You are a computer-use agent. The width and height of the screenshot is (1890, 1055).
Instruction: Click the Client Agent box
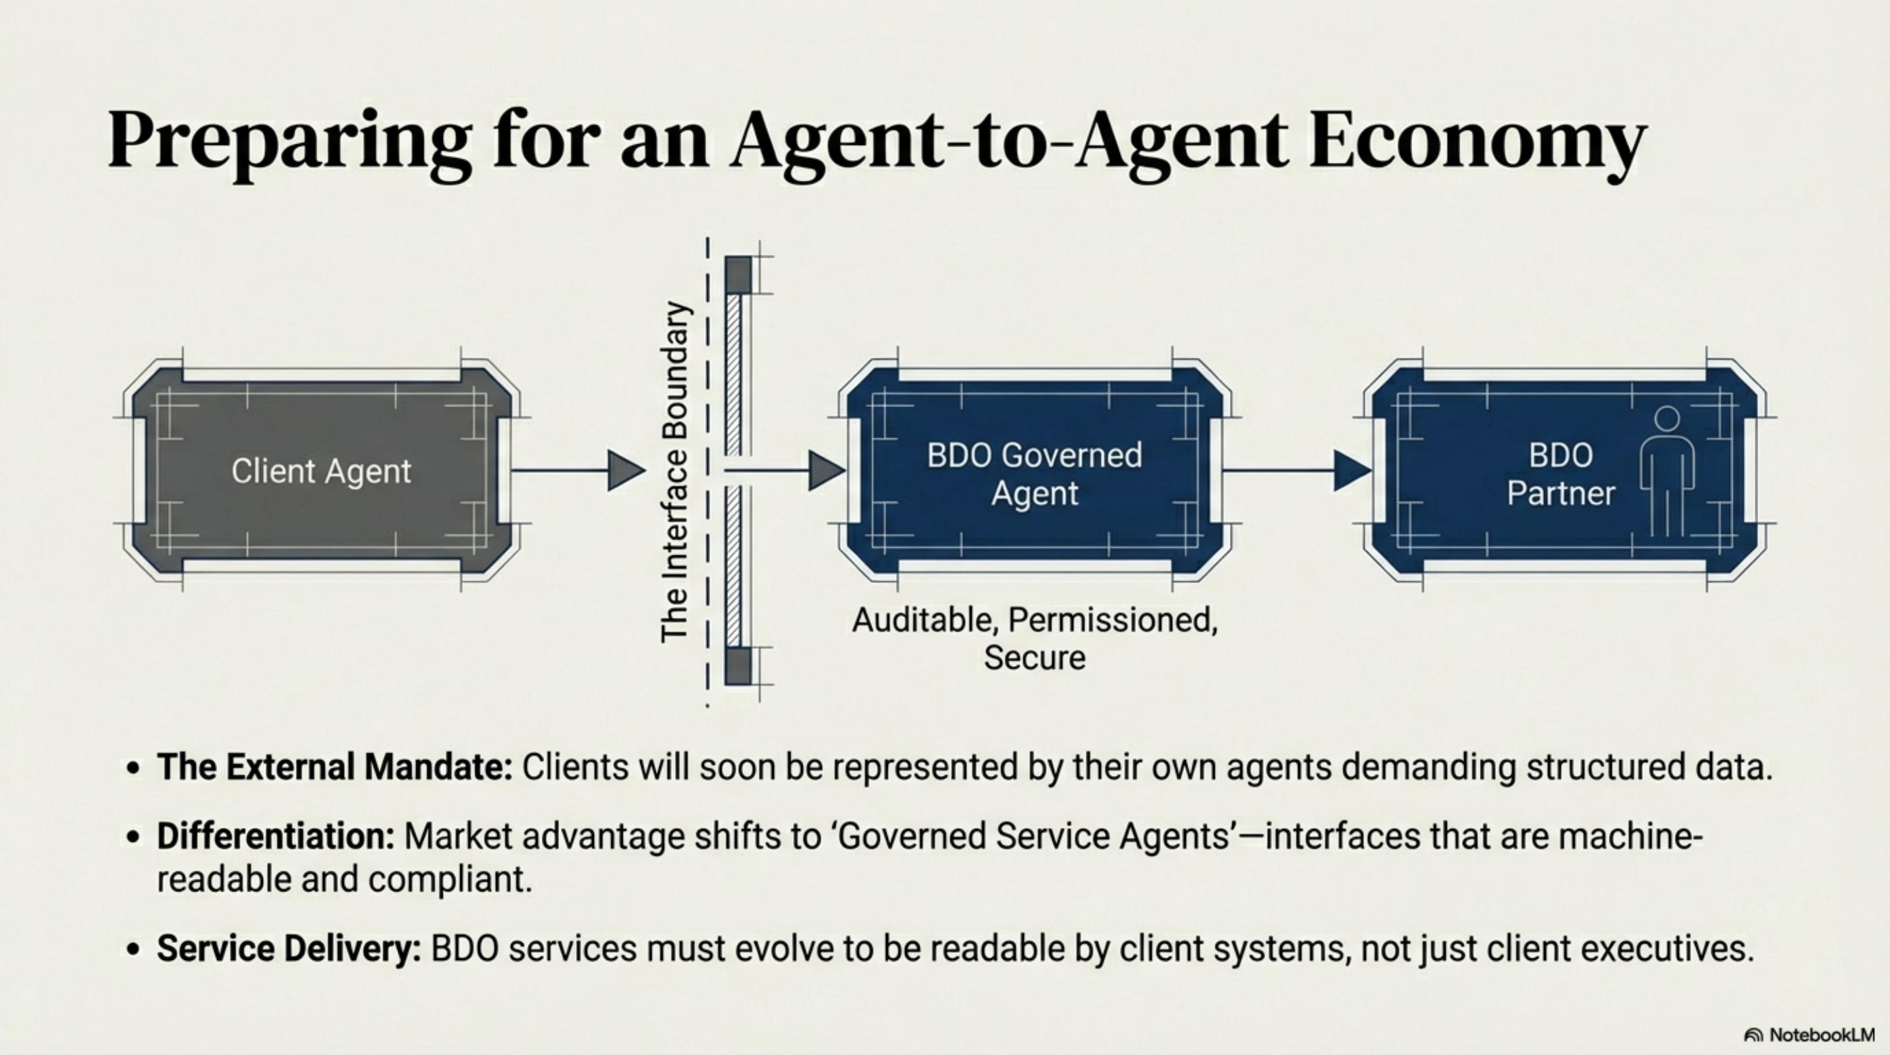(x=321, y=470)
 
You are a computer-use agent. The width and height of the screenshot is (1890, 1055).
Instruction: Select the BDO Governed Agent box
(x=1034, y=473)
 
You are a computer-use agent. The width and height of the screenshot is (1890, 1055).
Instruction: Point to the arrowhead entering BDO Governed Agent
(x=825, y=470)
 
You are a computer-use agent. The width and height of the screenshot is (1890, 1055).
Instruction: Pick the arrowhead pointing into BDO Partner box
(x=1350, y=470)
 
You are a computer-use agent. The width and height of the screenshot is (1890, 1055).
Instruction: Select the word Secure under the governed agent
(x=1034, y=657)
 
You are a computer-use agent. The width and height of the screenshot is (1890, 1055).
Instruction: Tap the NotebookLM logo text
(x=1821, y=1035)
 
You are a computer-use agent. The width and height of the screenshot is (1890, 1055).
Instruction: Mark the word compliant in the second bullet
(x=450, y=879)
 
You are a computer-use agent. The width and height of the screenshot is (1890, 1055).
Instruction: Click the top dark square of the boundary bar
(x=738, y=274)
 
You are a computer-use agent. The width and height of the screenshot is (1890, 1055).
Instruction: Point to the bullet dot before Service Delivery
(x=133, y=950)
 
